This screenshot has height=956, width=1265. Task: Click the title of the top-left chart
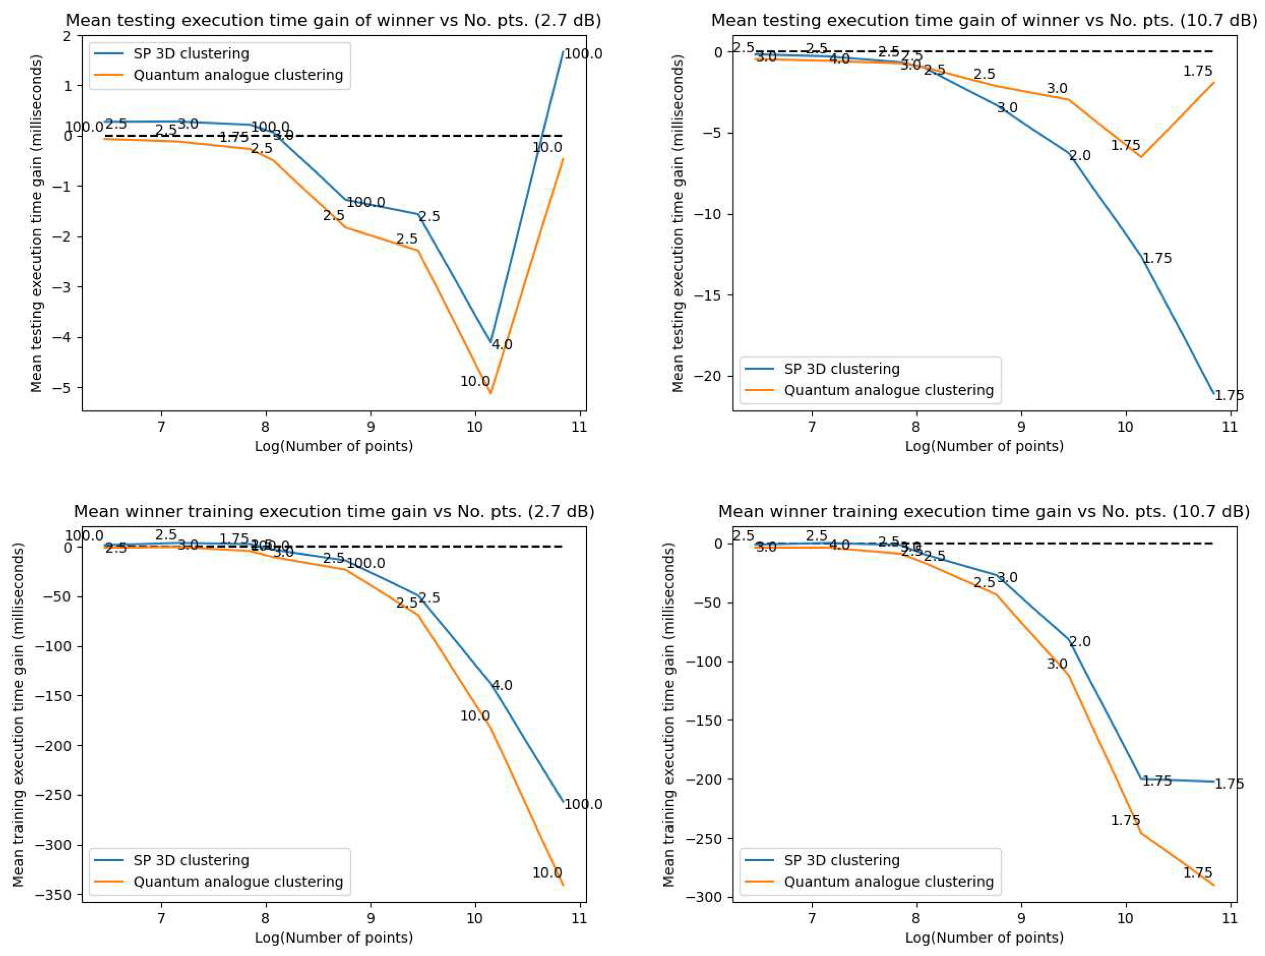(x=333, y=20)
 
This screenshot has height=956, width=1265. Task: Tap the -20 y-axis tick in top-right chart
(x=709, y=377)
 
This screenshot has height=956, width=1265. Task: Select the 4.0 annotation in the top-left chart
(x=502, y=345)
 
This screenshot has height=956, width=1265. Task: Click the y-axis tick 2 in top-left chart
(x=67, y=36)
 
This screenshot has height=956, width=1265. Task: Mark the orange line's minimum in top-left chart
(x=490, y=394)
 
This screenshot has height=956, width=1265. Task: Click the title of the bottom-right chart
(x=984, y=512)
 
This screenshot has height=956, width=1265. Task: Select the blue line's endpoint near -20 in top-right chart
(x=1213, y=394)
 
